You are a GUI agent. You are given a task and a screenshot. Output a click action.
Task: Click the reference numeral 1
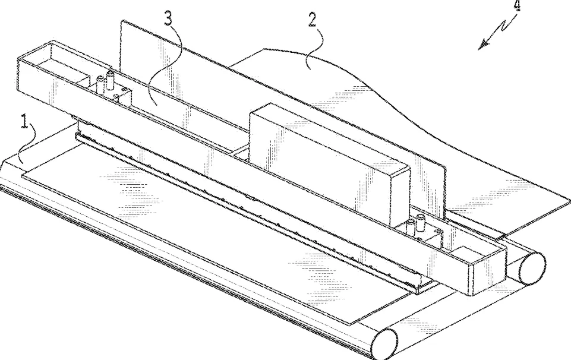25,121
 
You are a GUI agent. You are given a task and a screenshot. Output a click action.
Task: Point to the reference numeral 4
517,5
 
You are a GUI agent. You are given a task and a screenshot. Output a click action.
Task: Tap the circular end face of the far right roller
532,269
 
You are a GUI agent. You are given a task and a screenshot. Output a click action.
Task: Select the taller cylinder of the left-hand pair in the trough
109,80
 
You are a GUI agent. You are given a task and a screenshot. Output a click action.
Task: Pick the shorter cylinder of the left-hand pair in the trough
100,85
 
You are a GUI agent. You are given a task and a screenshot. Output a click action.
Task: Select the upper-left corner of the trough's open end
18,58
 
